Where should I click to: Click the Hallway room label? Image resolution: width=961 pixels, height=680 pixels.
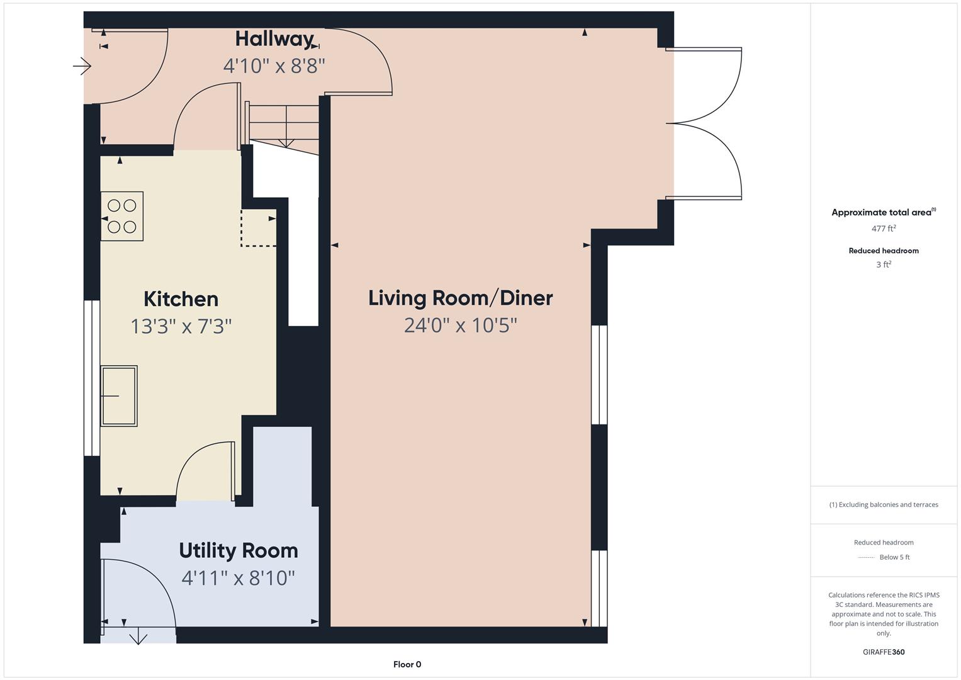click(274, 39)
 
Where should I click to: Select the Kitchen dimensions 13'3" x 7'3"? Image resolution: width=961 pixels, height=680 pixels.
click(181, 326)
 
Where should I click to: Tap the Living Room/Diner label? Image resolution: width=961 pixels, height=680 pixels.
click(460, 298)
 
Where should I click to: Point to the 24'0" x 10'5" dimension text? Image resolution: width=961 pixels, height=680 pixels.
click(460, 326)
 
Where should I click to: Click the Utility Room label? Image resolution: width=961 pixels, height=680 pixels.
click(239, 550)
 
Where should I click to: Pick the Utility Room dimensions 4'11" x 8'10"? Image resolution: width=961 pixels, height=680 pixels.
click(239, 578)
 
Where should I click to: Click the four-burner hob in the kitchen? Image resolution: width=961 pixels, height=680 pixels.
click(122, 216)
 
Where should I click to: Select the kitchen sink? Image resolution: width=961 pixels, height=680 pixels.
click(119, 396)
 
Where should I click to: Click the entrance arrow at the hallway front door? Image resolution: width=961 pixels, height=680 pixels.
click(82, 65)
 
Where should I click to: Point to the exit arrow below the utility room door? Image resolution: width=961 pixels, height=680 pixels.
click(138, 638)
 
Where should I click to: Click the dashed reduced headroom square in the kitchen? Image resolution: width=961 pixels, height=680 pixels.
click(258, 228)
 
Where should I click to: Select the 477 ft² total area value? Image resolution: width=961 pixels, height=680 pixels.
click(884, 229)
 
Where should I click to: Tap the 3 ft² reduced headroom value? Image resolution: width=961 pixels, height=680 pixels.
click(884, 264)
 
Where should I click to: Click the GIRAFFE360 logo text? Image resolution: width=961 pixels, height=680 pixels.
click(884, 652)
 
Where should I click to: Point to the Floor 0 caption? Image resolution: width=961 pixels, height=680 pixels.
click(407, 664)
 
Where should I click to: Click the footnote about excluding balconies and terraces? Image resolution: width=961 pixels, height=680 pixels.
click(884, 504)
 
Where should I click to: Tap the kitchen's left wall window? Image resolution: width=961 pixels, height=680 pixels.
click(92, 378)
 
